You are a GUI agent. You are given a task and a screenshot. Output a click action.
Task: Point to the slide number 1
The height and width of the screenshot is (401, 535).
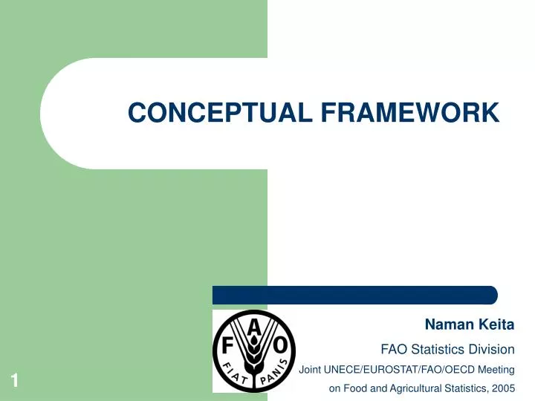[14, 382]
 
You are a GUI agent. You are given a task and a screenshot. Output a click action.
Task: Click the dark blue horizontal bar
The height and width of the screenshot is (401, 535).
[355, 295]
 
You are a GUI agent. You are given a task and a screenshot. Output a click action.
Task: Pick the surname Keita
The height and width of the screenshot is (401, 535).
[493, 325]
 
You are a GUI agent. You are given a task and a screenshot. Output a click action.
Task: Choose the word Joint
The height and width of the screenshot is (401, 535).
[311, 369]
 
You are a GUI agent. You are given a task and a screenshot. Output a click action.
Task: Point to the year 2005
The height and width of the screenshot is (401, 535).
[502, 388]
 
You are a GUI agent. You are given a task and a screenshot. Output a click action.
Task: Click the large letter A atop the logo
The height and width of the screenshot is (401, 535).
[255, 325]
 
